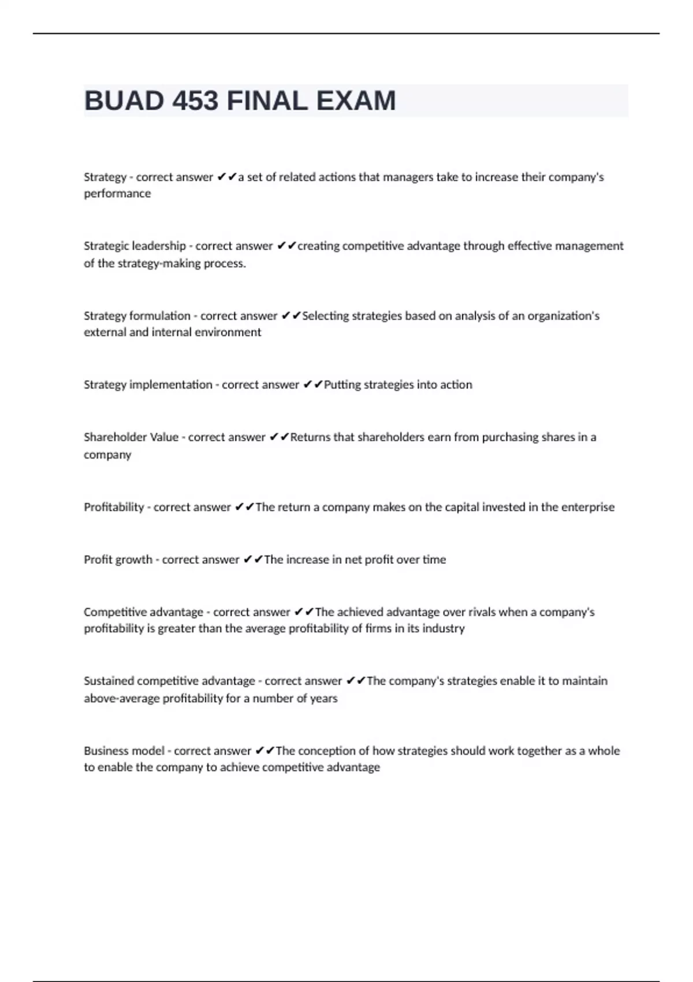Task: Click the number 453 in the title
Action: point(195,101)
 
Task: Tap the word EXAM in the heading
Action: point(356,101)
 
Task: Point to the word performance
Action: point(117,194)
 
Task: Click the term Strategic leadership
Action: point(135,246)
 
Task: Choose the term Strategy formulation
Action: point(137,316)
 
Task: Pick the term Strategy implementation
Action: point(148,385)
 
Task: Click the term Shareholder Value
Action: point(131,437)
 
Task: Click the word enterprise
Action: point(588,507)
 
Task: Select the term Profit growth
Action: point(118,560)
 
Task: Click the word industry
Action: point(444,628)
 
